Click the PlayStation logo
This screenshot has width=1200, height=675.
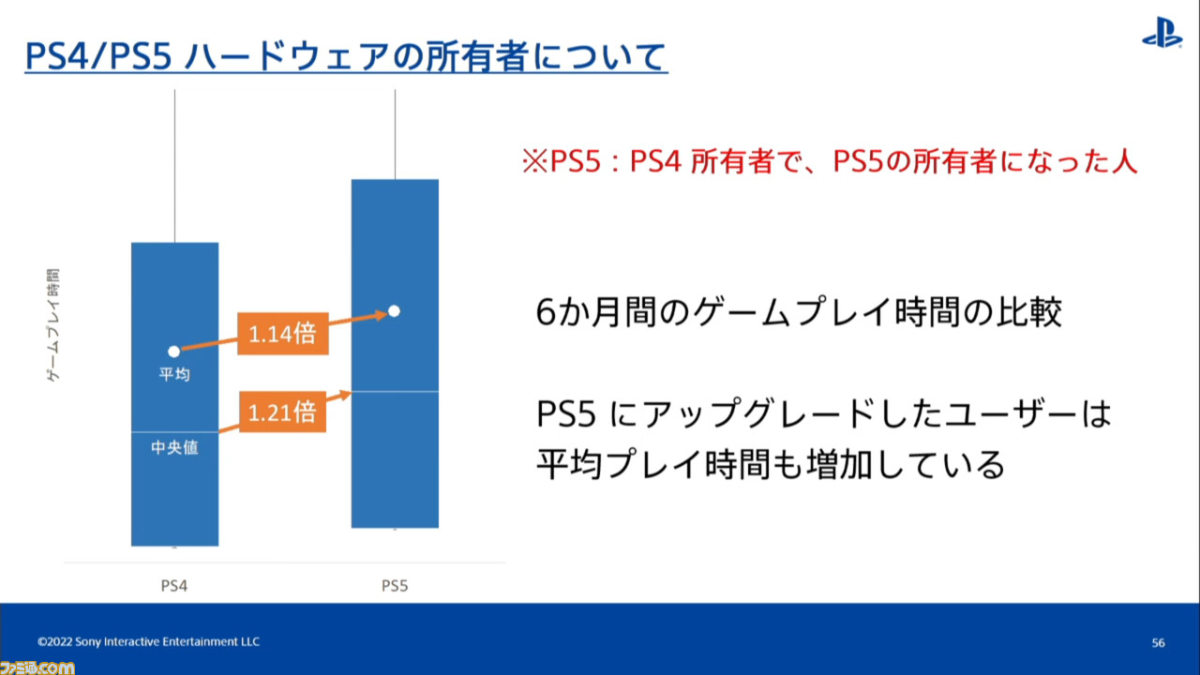tap(1162, 32)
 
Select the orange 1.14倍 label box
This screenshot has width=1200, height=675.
tap(283, 333)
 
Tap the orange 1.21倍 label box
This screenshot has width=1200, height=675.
tap(282, 412)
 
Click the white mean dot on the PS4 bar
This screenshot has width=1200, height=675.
tap(173, 352)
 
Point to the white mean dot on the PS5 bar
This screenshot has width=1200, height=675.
tap(395, 310)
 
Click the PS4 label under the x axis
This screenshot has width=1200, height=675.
tap(174, 586)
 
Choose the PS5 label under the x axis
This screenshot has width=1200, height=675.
tap(395, 586)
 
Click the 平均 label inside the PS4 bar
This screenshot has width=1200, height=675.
tap(174, 374)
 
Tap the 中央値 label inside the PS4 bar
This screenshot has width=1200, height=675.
tap(174, 447)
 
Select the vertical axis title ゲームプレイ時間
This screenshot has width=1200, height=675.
tap(53, 324)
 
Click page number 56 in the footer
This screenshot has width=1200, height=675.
tap(1158, 642)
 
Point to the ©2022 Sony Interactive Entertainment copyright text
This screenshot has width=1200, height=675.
tap(148, 641)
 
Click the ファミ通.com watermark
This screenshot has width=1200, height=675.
tap(37, 668)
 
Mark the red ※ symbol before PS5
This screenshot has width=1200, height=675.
tap(535, 160)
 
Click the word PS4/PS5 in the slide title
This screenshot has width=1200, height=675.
tap(98, 55)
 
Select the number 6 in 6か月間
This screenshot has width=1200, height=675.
tap(545, 312)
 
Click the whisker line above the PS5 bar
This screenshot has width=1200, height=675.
tap(396, 134)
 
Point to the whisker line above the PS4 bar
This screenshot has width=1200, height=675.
tap(174, 166)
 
